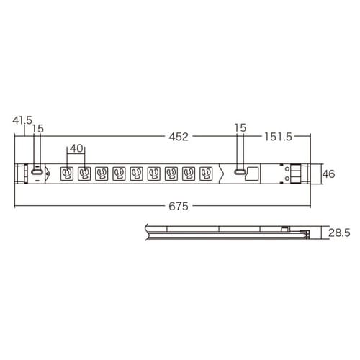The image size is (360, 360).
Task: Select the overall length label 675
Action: coord(179,206)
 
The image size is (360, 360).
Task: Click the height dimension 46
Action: coord(328,174)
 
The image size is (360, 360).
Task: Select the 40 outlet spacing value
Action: coord(76,149)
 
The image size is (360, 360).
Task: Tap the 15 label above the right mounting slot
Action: coord(240,127)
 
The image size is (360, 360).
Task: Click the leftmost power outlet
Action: coord(67,174)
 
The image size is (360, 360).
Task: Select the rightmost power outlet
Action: coord(207,174)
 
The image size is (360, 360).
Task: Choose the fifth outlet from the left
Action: coord(137,174)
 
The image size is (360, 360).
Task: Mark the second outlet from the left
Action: coord(84,174)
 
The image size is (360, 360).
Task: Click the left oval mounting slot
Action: coord(34,174)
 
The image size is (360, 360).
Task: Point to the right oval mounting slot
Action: coord(240,174)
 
